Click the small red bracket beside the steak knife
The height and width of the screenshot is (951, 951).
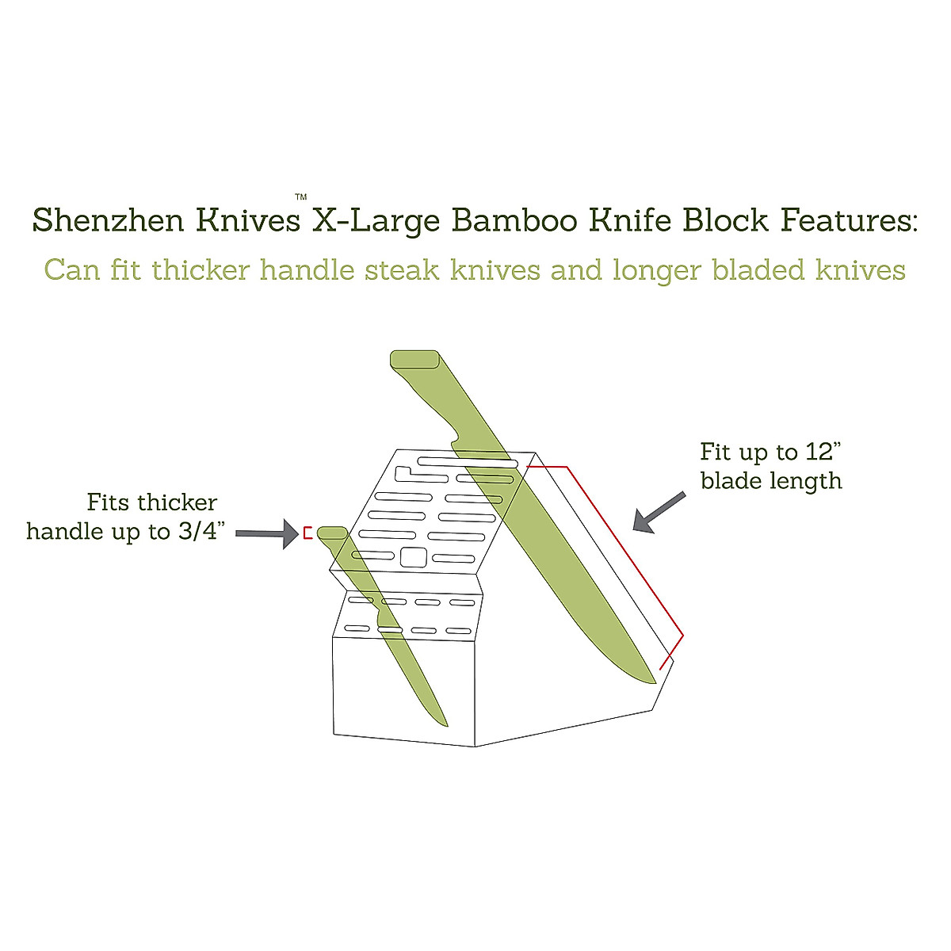point(307,533)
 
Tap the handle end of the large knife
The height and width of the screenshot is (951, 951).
point(414,359)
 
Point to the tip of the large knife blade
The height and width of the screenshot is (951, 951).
point(653,680)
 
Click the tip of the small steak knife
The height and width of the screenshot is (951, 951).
point(445,724)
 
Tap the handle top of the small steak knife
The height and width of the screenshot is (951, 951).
point(331,533)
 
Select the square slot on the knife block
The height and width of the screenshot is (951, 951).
point(412,557)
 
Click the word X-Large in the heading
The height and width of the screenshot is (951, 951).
point(376,220)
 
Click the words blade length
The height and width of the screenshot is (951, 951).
point(770,481)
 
